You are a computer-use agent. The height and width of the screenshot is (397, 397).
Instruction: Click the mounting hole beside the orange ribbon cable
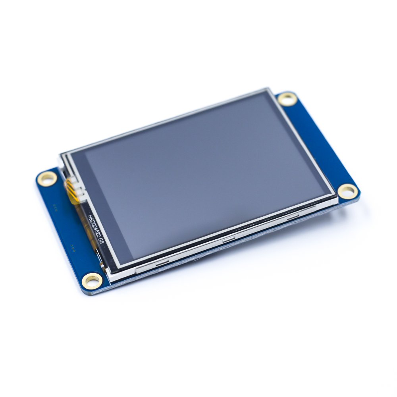pos(47,179)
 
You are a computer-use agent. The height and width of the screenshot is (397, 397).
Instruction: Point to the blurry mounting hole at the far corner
pos(287,99)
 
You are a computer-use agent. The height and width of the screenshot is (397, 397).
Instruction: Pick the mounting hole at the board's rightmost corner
pos(348,191)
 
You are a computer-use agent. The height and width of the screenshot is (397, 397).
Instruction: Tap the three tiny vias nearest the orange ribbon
pos(55,206)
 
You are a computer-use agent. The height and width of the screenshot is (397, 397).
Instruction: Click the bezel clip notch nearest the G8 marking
pos(162,263)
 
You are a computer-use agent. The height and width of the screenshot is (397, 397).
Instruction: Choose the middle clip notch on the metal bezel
pos(229,239)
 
